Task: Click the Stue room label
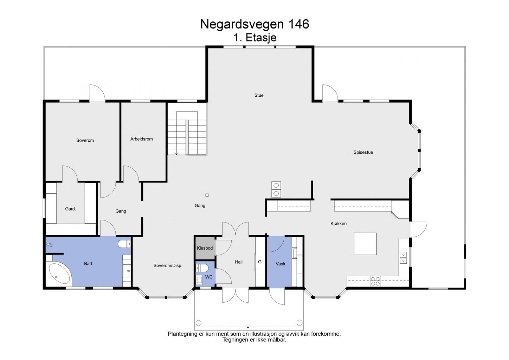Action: tap(259, 95)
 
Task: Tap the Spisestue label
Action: tap(363, 152)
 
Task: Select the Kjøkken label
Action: tap(339, 224)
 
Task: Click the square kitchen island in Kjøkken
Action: tap(365, 244)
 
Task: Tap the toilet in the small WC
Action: tap(201, 268)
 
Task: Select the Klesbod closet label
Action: tap(205, 248)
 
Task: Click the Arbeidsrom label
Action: tap(142, 139)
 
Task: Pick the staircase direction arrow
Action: tap(176, 153)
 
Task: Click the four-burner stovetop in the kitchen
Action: tap(375, 281)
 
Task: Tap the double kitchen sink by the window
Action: tap(403, 257)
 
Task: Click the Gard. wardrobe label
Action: tap(70, 209)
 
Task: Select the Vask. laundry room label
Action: tap(281, 264)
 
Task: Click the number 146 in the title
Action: tap(298, 24)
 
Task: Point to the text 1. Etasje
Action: tap(255, 37)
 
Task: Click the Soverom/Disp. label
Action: tap(168, 265)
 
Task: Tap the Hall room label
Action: tap(239, 262)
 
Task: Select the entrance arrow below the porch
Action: tap(248, 328)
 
